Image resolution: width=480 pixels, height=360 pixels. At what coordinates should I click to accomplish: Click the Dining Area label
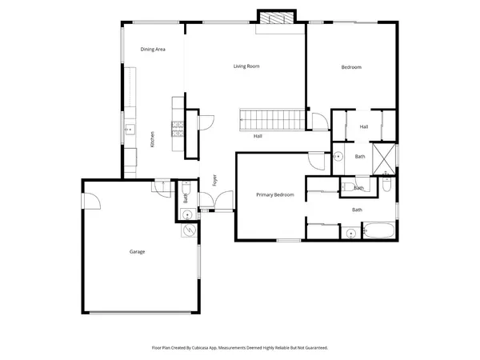tap(153, 50)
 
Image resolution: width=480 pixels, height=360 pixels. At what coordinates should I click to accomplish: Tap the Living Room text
tap(246, 66)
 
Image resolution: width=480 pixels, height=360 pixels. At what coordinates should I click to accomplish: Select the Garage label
tap(137, 251)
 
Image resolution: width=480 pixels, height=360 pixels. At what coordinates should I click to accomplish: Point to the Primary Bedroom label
tap(274, 194)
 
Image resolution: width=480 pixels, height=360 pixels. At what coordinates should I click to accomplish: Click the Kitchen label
tap(152, 138)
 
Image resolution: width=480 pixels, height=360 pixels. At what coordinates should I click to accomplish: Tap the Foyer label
tap(214, 180)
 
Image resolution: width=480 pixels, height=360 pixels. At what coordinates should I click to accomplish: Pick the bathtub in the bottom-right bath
tap(378, 233)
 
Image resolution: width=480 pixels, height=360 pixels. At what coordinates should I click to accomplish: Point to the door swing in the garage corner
tap(90, 200)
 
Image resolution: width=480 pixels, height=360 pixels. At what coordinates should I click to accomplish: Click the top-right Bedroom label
tap(351, 67)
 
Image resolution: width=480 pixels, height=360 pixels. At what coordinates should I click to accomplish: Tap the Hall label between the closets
tap(363, 126)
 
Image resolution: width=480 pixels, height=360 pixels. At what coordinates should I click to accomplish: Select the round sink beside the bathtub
tap(350, 234)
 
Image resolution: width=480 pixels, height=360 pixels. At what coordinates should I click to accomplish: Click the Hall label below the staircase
tap(258, 136)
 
